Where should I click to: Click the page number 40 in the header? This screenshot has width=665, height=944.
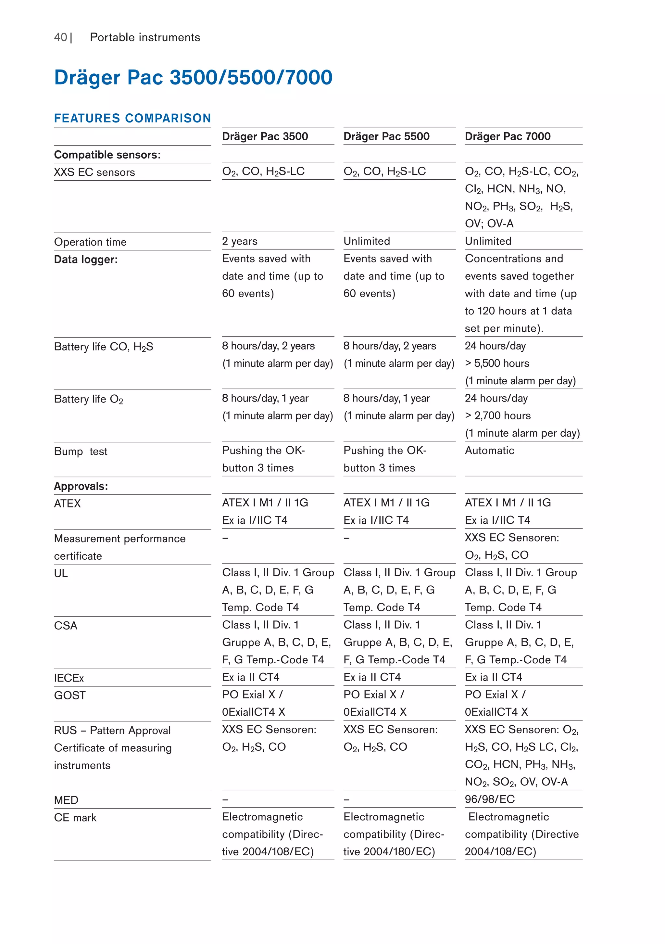click(60, 37)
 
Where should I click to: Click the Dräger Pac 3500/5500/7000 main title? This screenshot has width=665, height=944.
click(193, 77)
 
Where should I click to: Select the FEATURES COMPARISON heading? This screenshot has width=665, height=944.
click(132, 119)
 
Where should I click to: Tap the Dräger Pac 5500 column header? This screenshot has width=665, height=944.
click(386, 136)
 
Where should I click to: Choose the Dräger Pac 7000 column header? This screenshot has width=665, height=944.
click(508, 136)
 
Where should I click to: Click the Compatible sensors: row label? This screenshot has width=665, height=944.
click(107, 155)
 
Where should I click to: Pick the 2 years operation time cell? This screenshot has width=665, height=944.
click(240, 241)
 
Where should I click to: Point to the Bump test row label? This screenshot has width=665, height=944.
click(81, 452)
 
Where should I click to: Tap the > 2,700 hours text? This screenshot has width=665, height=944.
click(498, 416)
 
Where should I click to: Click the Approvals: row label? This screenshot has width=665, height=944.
click(81, 486)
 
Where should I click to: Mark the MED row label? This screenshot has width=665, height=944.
click(66, 800)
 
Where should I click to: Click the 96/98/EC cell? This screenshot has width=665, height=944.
click(490, 799)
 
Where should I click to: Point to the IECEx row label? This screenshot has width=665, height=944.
click(69, 678)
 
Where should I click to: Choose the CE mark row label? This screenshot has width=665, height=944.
click(75, 818)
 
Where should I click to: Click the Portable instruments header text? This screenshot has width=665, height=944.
click(145, 37)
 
